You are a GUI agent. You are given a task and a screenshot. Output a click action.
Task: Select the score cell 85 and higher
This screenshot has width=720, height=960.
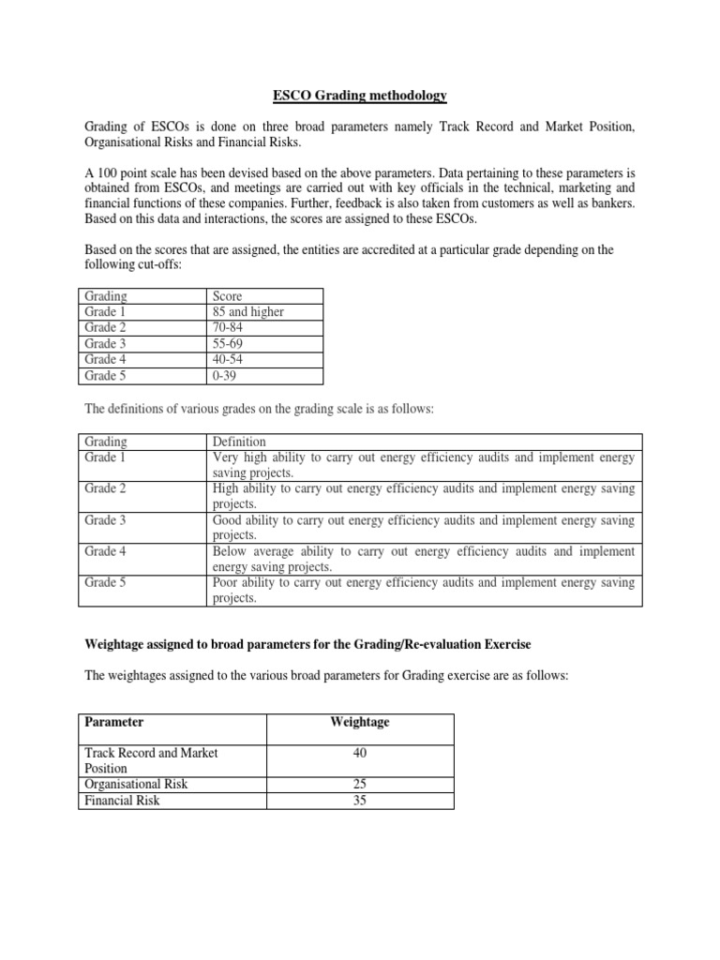[248, 311]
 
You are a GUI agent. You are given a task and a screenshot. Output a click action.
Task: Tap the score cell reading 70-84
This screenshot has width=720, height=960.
[230, 327]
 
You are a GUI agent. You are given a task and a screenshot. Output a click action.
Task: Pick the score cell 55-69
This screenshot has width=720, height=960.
[230, 343]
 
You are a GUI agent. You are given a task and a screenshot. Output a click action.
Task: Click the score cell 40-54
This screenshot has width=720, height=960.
[230, 359]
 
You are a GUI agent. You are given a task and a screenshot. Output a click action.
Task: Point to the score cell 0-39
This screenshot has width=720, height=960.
[227, 376]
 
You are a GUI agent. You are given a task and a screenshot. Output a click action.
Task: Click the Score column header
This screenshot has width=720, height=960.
[229, 295]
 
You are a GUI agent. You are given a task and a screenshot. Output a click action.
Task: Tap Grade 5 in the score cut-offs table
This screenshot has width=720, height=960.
[106, 376]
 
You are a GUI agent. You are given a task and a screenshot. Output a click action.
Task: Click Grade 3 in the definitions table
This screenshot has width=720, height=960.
[106, 520]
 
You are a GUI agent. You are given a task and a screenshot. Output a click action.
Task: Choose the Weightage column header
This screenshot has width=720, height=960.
[360, 723]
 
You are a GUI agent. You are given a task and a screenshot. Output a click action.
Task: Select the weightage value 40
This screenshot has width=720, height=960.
[360, 752]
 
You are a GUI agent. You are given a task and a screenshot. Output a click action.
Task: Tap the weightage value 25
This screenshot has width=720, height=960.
[360, 785]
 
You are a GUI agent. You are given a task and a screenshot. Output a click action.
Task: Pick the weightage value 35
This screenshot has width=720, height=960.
[360, 801]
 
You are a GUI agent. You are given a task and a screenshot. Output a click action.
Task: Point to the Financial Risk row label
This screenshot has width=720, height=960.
[123, 801]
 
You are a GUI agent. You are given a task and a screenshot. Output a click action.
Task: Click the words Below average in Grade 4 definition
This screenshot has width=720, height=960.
[253, 551]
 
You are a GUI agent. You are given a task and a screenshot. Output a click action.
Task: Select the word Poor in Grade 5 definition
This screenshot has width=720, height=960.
[228, 582]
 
